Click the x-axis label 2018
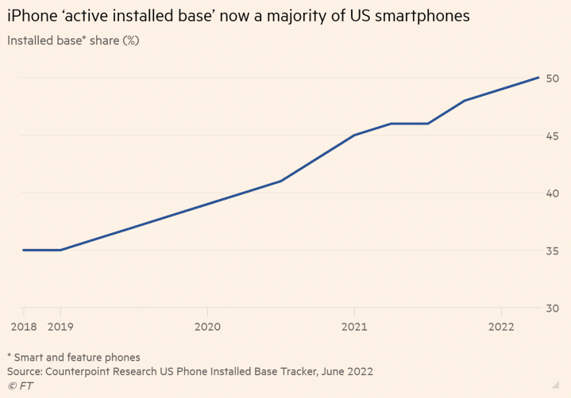click(x=23, y=326)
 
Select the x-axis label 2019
click(x=60, y=326)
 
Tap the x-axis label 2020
click(x=207, y=326)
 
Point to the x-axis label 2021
click(x=354, y=326)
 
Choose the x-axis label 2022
click(x=501, y=326)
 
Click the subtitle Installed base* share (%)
click(x=73, y=40)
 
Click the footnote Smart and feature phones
click(x=78, y=357)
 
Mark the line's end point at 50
click(x=539, y=78)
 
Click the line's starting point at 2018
click(x=23, y=250)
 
